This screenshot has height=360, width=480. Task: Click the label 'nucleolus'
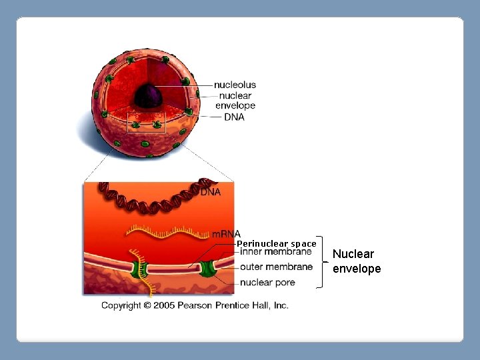235,85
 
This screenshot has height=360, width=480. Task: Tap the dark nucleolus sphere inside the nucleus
147,98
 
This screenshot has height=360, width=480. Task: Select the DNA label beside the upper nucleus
234,117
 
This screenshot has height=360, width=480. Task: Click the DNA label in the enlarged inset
211,192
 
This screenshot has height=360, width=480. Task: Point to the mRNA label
226,234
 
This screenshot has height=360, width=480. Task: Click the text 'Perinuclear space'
277,243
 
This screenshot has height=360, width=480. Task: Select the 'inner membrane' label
275,252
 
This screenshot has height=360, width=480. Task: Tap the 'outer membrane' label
276,267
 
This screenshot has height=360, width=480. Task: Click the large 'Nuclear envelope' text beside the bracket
357,261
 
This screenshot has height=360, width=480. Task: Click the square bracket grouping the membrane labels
321,261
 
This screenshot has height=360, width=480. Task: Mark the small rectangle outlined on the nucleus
145,123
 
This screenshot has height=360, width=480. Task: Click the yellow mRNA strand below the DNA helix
167,233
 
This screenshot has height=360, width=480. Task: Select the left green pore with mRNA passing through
141,270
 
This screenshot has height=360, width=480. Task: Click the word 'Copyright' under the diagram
121,305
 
